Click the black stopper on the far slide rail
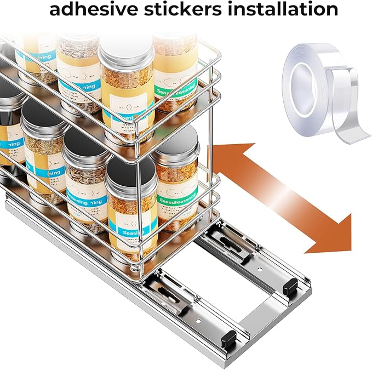click(290, 285)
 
